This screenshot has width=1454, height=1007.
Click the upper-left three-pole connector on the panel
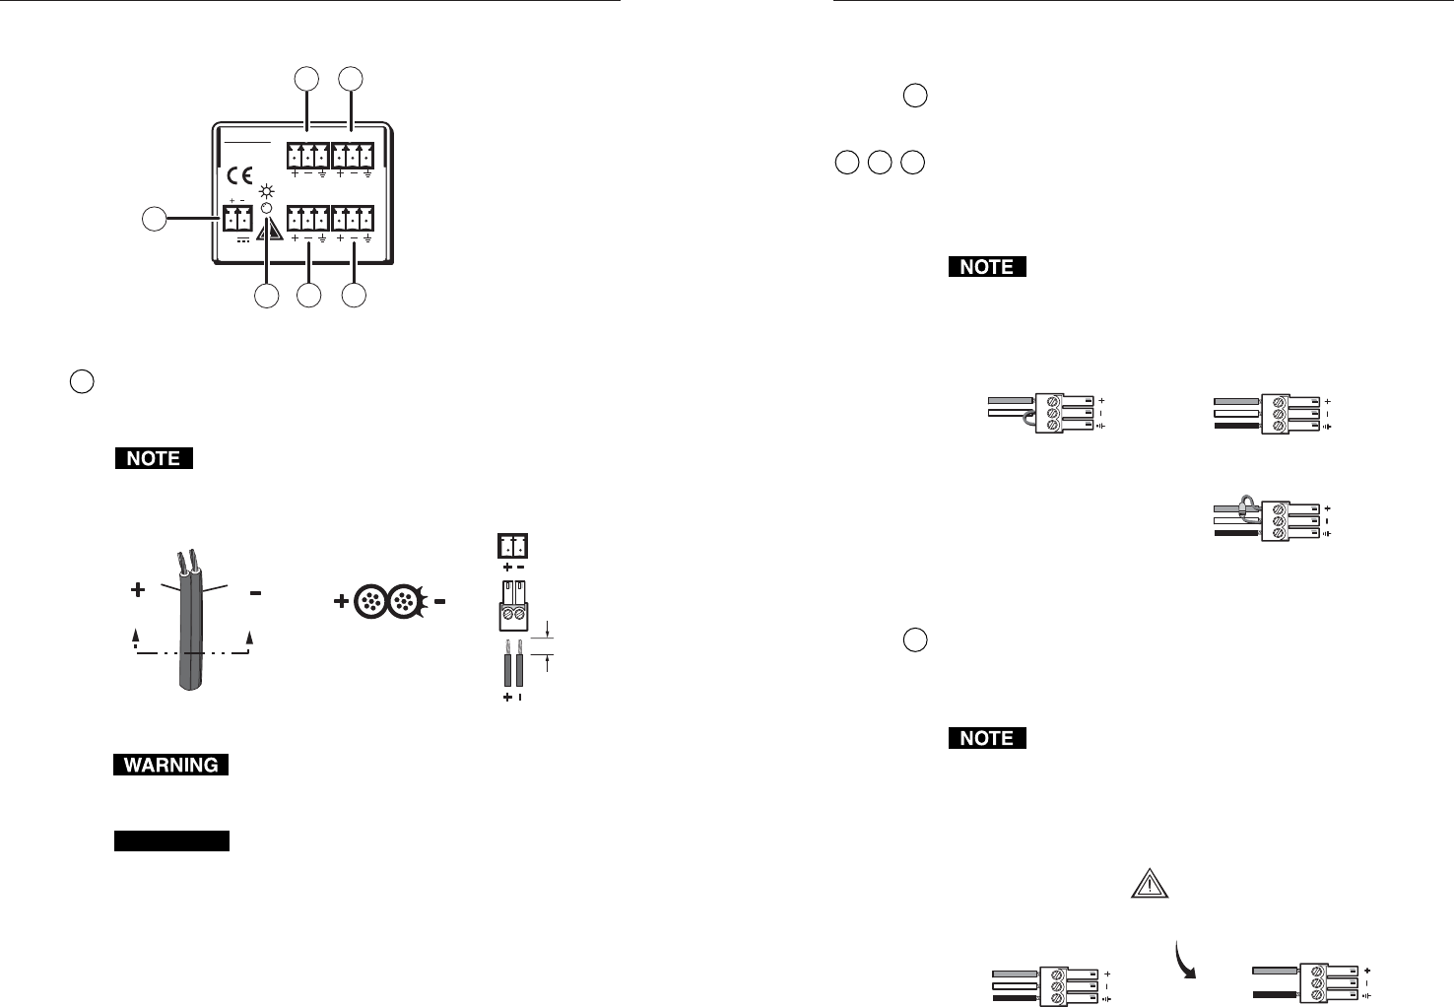coord(308,156)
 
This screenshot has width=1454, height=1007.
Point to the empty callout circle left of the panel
coord(153,220)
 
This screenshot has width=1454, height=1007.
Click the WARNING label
coord(171,765)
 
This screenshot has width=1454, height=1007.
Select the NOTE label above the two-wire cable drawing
coord(154,458)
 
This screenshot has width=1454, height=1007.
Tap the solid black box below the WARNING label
coord(171,840)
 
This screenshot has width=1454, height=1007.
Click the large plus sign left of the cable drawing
coord(137,591)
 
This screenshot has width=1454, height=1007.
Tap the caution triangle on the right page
coord(1149,885)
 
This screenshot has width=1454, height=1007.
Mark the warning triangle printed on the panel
coord(268,232)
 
